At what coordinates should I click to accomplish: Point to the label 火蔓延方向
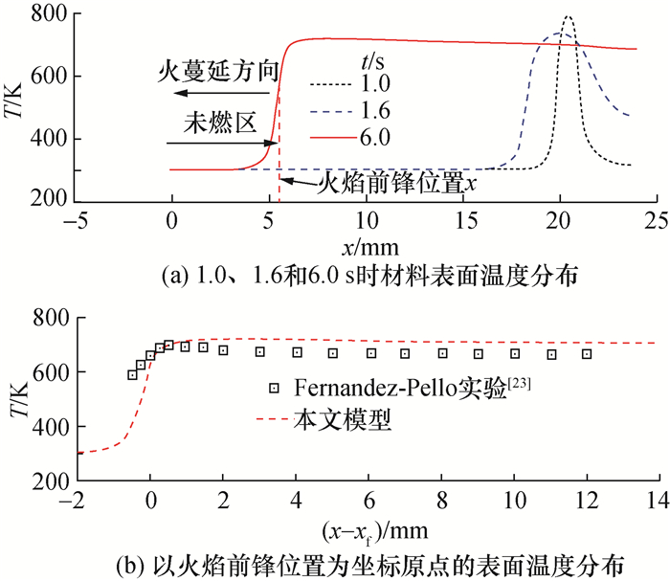[x=216, y=71]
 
